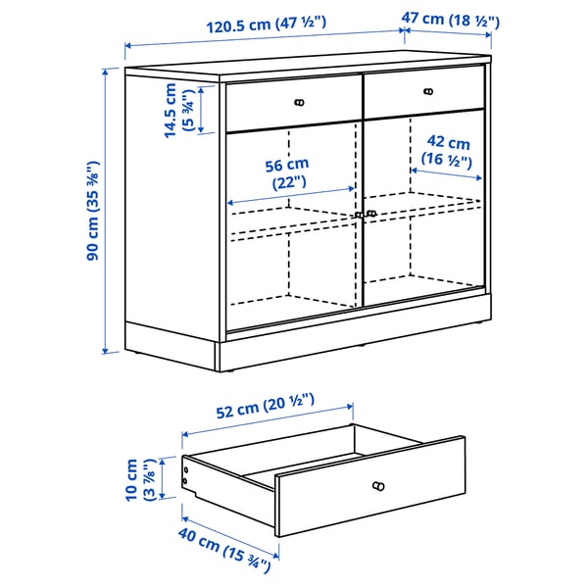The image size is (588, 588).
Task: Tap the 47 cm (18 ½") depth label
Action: pyautogui.click(x=453, y=20)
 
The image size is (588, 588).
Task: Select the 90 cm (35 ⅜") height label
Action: pyautogui.click(x=92, y=211)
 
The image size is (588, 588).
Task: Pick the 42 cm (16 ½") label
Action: pyautogui.click(x=446, y=151)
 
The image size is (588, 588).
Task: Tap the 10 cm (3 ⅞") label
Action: pyautogui.click(x=139, y=480)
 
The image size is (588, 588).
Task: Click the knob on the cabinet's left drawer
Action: pyautogui.click(x=299, y=101)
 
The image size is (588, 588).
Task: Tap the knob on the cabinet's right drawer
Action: pyautogui.click(x=427, y=92)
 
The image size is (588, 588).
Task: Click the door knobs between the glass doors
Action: pyautogui.click(x=365, y=213)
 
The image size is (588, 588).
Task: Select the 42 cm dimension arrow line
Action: pyautogui.click(x=447, y=173)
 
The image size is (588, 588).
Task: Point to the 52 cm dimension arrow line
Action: pyautogui.click(x=267, y=419)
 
